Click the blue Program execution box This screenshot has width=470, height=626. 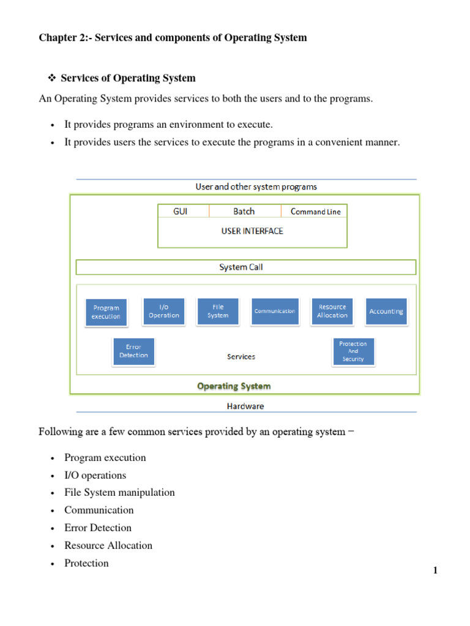(106, 312)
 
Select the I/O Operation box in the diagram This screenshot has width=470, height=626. (163, 311)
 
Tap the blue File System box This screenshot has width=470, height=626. (217, 311)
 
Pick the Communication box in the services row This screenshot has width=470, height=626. (275, 311)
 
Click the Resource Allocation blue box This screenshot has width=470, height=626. (332, 311)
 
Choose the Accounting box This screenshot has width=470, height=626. (386, 311)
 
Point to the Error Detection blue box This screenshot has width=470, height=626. (133, 351)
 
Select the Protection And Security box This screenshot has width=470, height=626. (352, 352)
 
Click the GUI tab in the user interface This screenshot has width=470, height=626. (181, 212)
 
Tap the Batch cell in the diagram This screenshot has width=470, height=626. (244, 212)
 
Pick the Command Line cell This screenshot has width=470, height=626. (315, 212)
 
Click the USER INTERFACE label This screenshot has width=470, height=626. (252, 231)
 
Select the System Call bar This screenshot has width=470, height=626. (245, 267)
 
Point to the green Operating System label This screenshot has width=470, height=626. (234, 386)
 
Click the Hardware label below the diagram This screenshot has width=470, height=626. (245, 405)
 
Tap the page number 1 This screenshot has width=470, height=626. (435, 570)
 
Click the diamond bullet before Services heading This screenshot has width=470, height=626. (52, 78)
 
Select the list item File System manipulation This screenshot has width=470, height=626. (119, 492)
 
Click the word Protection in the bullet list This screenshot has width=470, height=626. (86, 563)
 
